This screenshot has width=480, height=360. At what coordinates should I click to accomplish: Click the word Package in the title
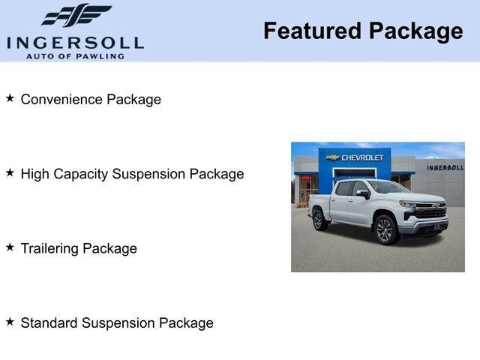pos(415,31)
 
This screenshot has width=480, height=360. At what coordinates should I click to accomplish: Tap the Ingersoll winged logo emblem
pos(75,15)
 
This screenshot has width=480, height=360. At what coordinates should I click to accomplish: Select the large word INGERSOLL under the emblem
pos(75,41)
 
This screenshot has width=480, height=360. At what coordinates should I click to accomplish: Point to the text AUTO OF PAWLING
pos(75,55)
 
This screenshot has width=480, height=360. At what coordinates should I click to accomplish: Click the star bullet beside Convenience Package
pos(10,98)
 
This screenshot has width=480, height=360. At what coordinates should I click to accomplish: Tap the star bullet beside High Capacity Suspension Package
pos(10,172)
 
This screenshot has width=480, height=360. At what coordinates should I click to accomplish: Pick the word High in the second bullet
pos(34,174)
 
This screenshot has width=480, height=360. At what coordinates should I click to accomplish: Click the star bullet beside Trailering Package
pos(10,247)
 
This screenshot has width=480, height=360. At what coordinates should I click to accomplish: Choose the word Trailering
pos(50,248)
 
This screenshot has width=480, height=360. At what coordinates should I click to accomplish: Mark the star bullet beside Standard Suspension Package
pos(10,322)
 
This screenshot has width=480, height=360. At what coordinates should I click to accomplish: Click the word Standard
pos(49,323)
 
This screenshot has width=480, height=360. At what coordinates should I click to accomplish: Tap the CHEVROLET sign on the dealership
pos(357,157)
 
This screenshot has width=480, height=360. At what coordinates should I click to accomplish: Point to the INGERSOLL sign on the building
pos(445,167)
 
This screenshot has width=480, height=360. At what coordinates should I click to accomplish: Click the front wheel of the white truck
pos(385,229)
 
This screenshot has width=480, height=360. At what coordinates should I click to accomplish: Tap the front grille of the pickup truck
pos(430,213)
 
